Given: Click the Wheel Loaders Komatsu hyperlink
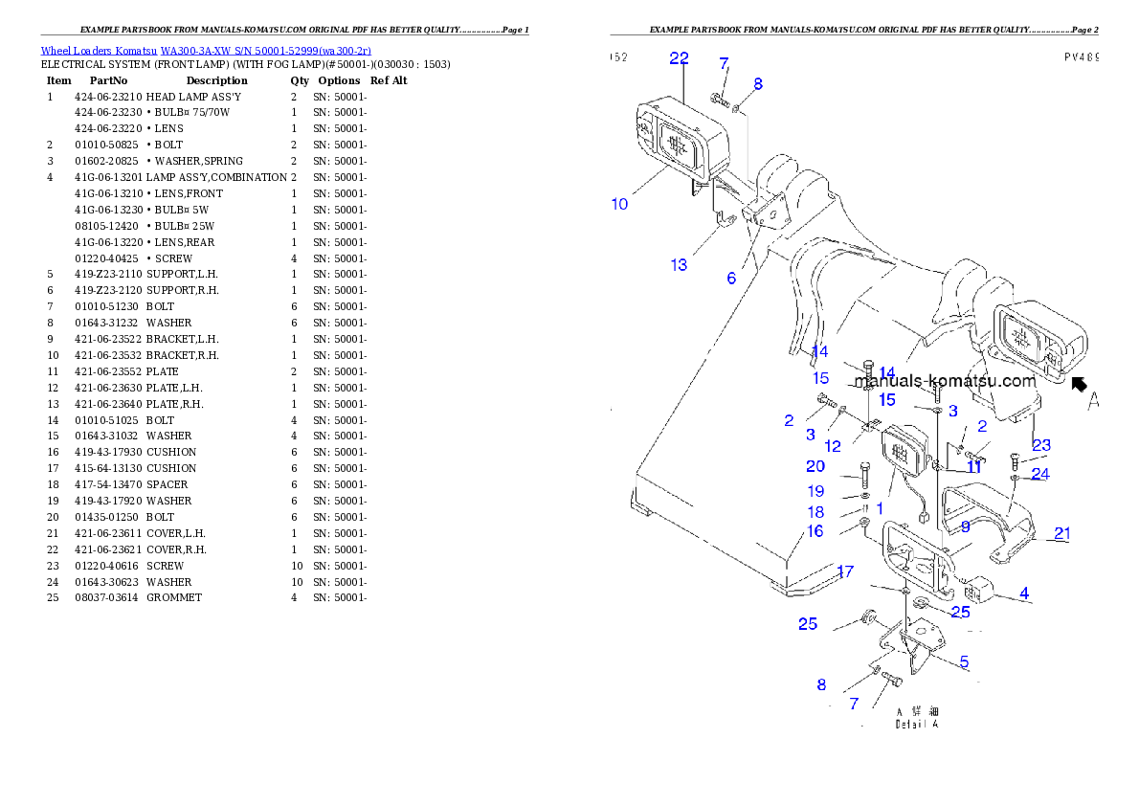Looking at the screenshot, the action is click(206, 51).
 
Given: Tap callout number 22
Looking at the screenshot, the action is click(679, 58).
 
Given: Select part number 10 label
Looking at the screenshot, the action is click(620, 204).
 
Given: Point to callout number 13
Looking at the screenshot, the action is click(679, 265).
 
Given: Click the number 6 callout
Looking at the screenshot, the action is click(731, 279).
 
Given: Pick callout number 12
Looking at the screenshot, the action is click(833, 445).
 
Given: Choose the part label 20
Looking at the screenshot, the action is click(815, 466).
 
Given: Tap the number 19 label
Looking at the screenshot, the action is click(815, 491).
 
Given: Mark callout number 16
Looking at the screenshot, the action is click(815, 531).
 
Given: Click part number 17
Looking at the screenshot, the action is click(845, 572).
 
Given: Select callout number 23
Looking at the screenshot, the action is click(1041, 444).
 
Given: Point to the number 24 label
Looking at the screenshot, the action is click(1040, 474).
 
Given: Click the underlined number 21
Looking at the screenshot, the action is click(1062, 533).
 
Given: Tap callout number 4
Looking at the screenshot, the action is click(1024, 593).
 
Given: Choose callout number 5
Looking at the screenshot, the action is click(964, 661).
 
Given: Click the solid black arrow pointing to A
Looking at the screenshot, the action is click(1079, 385).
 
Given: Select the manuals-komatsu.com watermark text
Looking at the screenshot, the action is click(945, 381).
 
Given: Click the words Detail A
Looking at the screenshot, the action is click(917, 725).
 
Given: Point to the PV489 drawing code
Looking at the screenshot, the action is click(1082, 57).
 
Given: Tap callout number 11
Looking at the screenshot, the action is click(974, 467).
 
